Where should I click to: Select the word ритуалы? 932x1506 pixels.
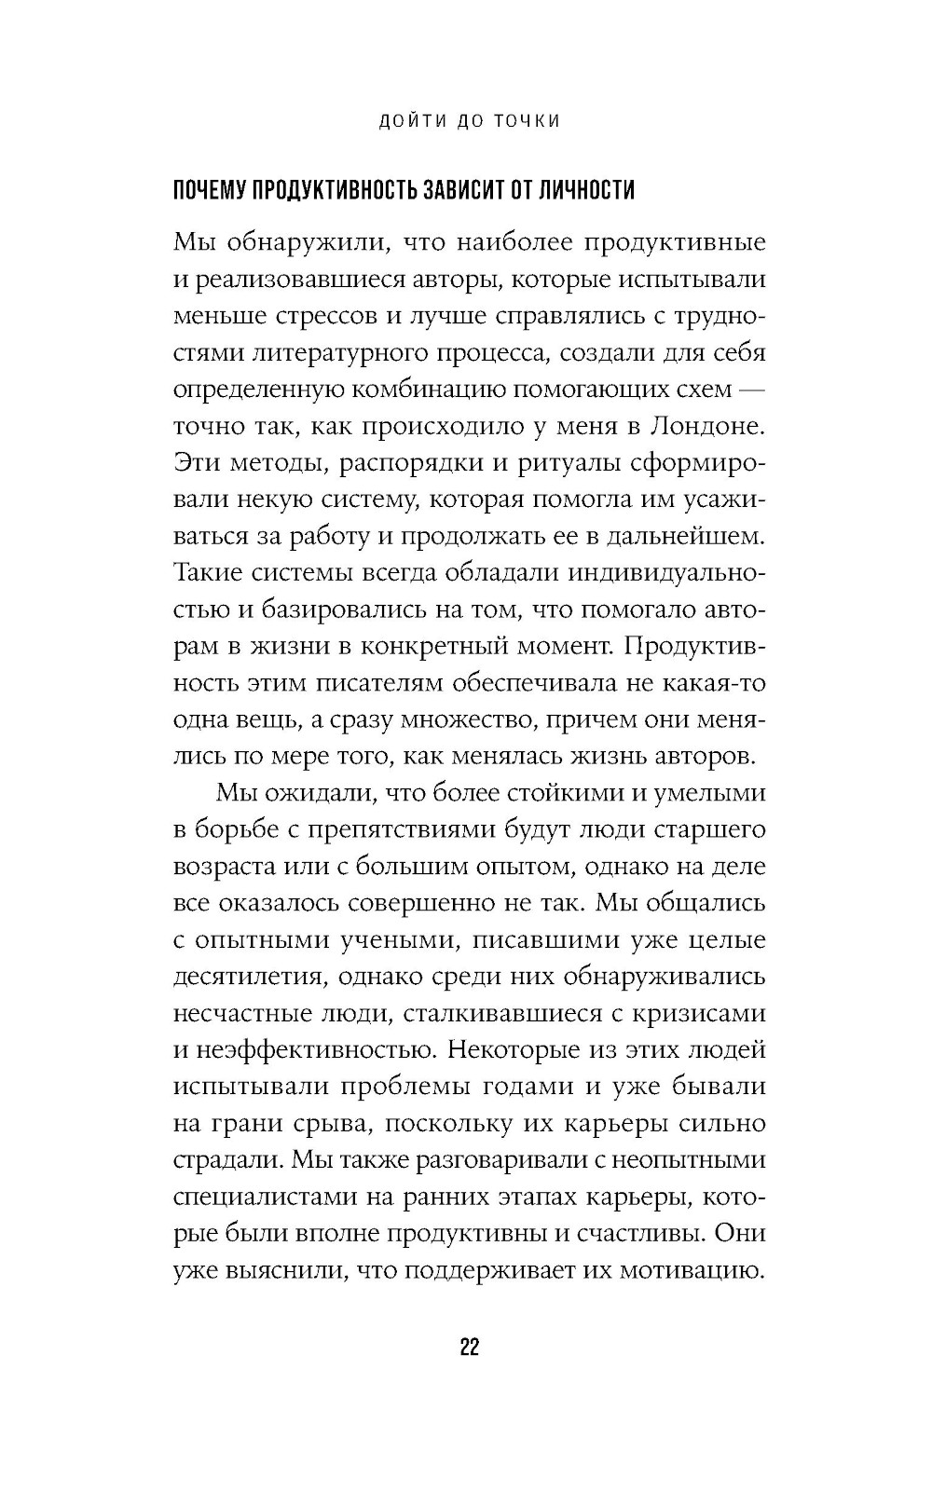(564, 463)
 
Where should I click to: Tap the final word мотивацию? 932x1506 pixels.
(687, 1271)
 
